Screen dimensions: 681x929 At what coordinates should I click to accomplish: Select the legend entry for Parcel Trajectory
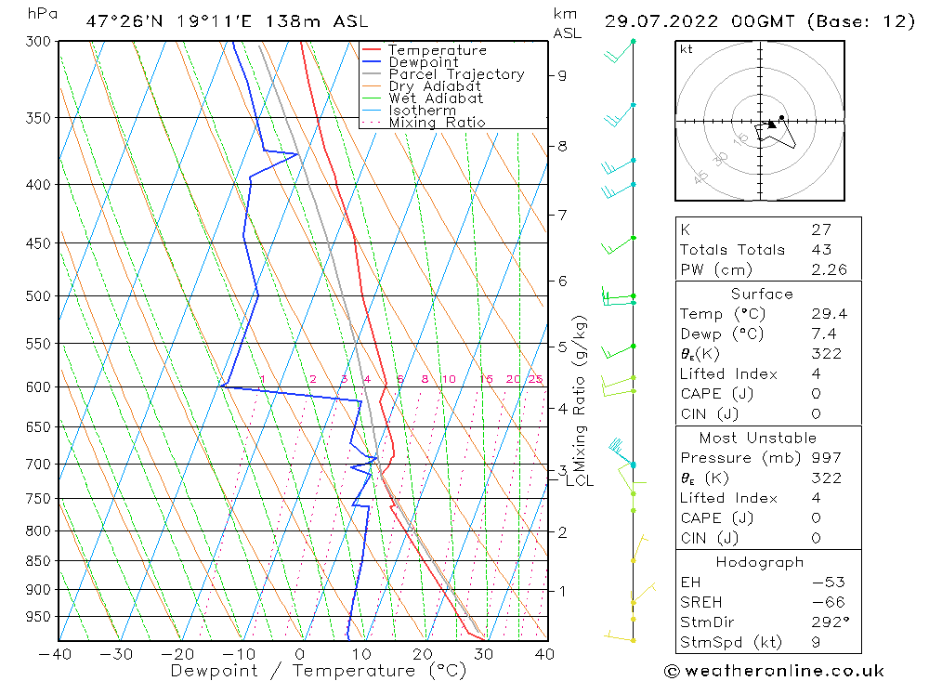tap(456, 74)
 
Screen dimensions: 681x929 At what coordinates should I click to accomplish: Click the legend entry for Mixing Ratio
tap(437, 122)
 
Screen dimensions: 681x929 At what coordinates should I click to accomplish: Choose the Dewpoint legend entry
tap(423, 62)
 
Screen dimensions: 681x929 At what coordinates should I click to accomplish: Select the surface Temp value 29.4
tap(829, 314)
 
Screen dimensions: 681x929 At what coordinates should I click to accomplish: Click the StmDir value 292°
tap(829, 621)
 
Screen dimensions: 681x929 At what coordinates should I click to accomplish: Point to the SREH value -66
tap(825, 602)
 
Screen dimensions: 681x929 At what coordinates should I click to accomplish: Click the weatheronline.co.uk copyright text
tap(774, 670)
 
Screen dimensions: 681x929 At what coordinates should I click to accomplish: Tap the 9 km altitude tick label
tap(563, 75)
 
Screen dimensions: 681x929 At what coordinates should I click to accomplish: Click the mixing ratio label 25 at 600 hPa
tap(535, 379)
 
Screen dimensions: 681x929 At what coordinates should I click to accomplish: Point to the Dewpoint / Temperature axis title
tap(319, 670)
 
